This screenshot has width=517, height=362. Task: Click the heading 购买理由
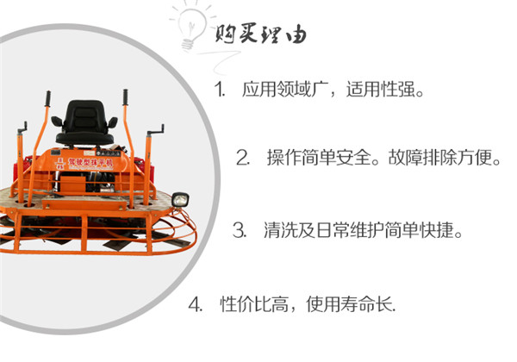260,34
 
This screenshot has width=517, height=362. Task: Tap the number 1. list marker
219,89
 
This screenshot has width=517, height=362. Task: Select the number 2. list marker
243,158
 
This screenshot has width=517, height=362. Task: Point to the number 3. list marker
240,230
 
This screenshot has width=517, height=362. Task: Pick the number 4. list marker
196,304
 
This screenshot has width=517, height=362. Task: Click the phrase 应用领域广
285,89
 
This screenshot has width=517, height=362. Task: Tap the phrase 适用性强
381,89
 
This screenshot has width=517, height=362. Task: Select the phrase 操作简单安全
319,158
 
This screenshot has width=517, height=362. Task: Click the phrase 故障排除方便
439,158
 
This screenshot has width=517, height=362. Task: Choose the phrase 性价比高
254,304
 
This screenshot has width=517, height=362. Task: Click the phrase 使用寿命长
349,304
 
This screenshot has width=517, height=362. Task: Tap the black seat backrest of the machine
84,116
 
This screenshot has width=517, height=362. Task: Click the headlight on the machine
180,200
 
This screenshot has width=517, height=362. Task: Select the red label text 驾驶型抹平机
90,162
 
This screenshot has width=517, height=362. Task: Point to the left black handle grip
47,98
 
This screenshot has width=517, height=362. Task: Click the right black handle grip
125,97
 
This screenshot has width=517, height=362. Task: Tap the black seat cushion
84,138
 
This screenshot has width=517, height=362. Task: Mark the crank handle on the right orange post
156,130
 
